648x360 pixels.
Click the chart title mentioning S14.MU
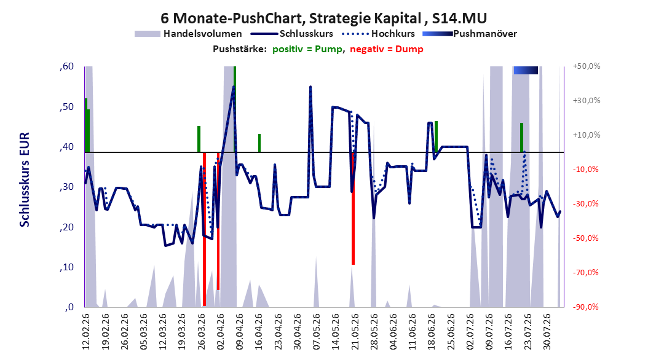coord(323,18)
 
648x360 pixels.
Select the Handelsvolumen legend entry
coord(188,34)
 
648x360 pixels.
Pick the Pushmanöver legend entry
coord(470,34)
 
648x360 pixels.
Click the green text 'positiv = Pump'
coord(307,49)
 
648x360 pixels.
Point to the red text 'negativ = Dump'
coord(387,49)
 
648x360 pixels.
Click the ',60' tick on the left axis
coord(66,66)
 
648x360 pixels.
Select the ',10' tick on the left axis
coord(66,267)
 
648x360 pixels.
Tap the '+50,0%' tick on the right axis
coord(587,66)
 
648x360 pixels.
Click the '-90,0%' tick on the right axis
coord(585,307)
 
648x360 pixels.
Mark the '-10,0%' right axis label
coord(585,170)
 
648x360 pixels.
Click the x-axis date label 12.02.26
coord(86,332)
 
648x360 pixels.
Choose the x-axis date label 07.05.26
coord(316,332)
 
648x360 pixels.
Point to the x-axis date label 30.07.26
coord(547,332)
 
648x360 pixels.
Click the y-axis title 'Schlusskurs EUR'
coord(25,179)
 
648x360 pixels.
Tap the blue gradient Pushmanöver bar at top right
coord(526,70)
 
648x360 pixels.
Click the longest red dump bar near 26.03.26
coord(204,229)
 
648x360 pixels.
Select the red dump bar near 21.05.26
coord(353,208)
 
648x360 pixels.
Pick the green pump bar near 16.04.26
coord(259,143)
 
